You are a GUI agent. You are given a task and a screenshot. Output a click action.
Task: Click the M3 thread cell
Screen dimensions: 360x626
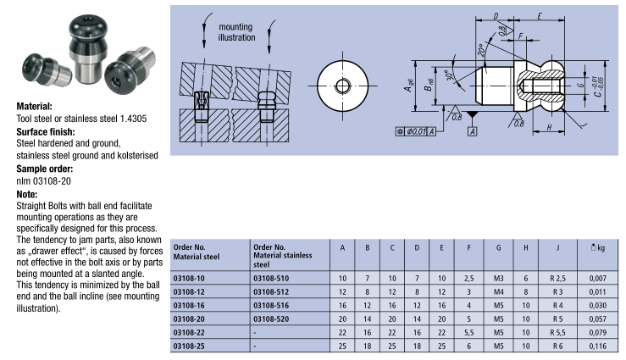coord(497,278)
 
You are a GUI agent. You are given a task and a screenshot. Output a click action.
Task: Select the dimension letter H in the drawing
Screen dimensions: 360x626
coord(551,127)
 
